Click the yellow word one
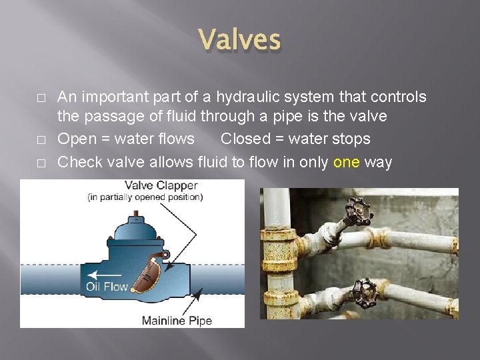click(346, 162)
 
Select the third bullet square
click(41, 163)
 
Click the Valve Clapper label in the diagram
click(161, 185)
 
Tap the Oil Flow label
click(107, 287)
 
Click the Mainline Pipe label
click(177, 321)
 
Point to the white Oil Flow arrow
click(106, 273)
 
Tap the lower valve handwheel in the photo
click(364, 291)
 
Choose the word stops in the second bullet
click(351, 139)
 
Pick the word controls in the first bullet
click(398, 97)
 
